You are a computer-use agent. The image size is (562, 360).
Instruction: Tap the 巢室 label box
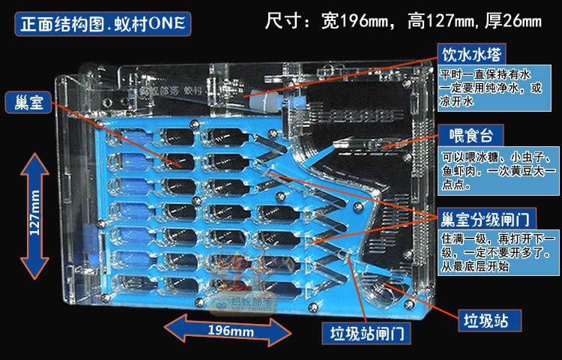tap(28, 103)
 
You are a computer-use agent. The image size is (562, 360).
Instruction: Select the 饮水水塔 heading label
tap(472, 55)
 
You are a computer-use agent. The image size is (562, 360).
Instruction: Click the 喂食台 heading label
tap(471, 136)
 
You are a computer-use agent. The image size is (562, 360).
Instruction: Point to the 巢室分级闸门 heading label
tap(496, 218)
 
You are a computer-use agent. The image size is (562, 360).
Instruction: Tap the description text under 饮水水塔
tap(496, 88)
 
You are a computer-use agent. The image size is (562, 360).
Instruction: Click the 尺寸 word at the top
tap(288, 20)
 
